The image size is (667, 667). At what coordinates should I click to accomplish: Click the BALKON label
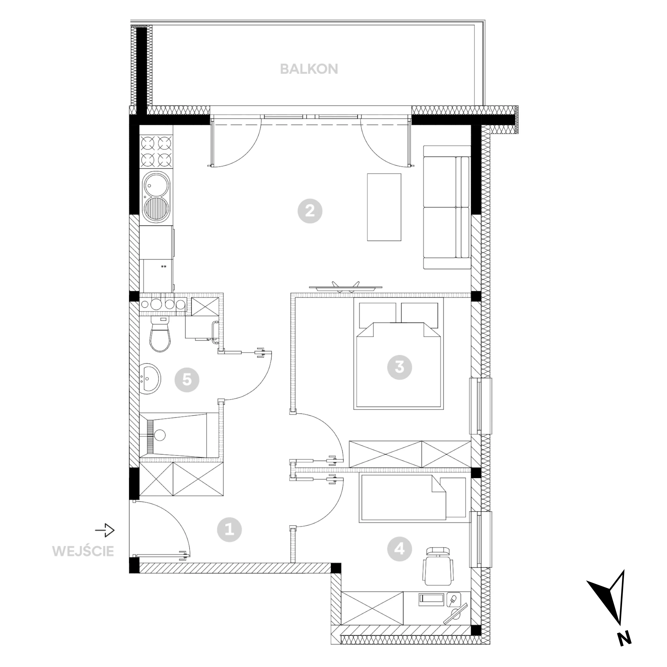[309, 69]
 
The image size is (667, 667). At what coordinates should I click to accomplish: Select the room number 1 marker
[229, 530]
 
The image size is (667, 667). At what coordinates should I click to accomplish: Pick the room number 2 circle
[310, 211]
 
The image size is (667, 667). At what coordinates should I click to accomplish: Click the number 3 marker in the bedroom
[399, 367]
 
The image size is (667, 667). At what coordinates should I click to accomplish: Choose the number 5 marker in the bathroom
[187, 380]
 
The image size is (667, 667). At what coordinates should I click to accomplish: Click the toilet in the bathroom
[160, 334]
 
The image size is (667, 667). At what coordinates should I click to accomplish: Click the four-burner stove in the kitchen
[156, 150]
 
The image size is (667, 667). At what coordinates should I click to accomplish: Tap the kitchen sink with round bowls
[156, 197]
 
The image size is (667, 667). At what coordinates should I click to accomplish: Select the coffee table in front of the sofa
[384, 207]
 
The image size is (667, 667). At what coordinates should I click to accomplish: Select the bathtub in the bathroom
[178, 435]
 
